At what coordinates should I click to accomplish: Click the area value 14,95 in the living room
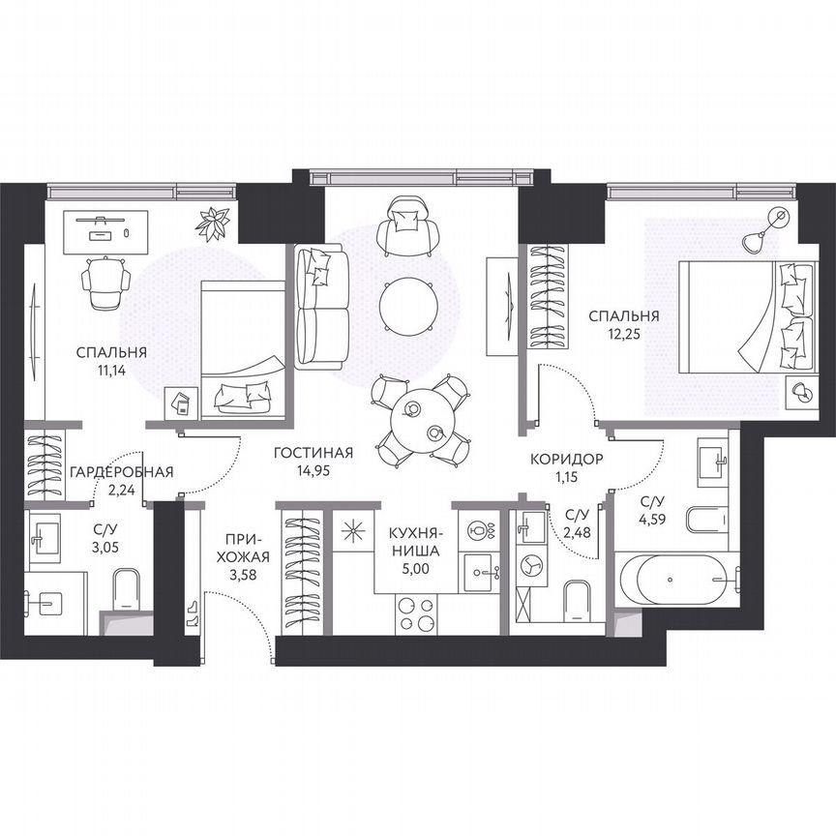pyautogui.click(x=312, y=472)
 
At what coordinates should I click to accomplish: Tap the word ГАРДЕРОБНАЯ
pyautogui.click(x=121, y=472)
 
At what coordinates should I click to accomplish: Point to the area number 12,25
pyautogui.click(x=624, y=334)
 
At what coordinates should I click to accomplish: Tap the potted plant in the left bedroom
pyautogui.click(x=212, y=222)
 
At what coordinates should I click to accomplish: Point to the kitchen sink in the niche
pyautogui.click(x=480, y=572)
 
